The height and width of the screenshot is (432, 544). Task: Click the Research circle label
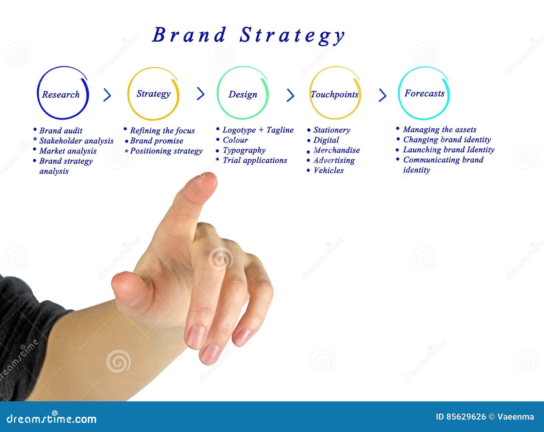click(61, 94)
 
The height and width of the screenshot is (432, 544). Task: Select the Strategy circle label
click(153, 94)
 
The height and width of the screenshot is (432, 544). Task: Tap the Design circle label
click(242, 94)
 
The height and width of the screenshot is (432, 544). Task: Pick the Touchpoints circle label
click(335, 94)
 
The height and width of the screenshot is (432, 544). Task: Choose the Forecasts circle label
click(424, 93)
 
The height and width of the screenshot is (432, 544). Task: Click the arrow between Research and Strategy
click(107, 95)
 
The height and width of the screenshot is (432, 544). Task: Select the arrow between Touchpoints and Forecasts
click(382, 95)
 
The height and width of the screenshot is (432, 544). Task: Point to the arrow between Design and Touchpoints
click(290, 95)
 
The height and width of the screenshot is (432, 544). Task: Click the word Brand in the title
click(189, 35)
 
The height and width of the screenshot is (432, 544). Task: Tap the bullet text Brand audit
click(61, 131)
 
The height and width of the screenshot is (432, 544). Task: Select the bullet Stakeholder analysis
click(76, 141)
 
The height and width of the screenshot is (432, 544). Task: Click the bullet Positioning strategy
click(166, 151)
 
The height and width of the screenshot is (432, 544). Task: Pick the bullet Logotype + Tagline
click(258, 130)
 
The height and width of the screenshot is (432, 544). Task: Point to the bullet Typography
click(244, 150)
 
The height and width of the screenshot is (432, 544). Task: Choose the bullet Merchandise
click(336, 150)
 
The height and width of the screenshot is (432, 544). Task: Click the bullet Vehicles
click(328, 170)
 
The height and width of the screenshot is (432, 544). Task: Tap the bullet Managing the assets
click(439, 129)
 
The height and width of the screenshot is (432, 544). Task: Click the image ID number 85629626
click(465, 417)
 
